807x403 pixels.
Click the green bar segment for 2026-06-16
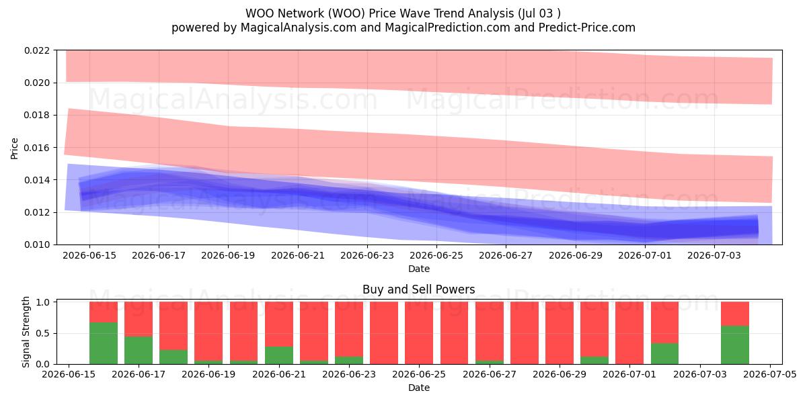pyautogui.click(x=104, y=343)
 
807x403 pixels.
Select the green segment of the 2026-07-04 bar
pyautogui.click(x=735, y=345)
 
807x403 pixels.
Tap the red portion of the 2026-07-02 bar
pyautogui.click(x=664, y=322)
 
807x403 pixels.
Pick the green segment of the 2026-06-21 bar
pyautogui.click(x=279, y=355)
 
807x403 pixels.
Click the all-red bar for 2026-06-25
pyautogui.click(x=419, y=333)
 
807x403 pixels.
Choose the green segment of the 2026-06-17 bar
pyautogui.click(x=139, y=351)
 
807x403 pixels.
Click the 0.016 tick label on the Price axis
pyautogui.click(x=37, y=148)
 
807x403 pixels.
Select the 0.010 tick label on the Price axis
pyautogui.click(x=37, y=245)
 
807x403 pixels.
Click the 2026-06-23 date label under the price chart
pyautogui.click(x=367, y=256)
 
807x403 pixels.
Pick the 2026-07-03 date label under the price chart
pyautogui.click(x=714, y=256)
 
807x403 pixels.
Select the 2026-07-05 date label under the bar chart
pyautogui.click(x=770, y=375)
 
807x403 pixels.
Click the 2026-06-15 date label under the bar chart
pyautogui.click(x=69, y=375)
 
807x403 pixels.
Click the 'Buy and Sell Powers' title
pyautogui.click(x=418, y=289)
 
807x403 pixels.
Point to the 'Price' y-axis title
pyautogui.click(x=14, y=148)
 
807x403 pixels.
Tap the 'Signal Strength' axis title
pyautogui.click(x=26, y=332)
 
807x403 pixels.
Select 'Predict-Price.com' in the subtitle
pyautogui.click(x=587, y=28)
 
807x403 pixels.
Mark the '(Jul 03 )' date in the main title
pyautogui.click(x=539, y=13)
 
